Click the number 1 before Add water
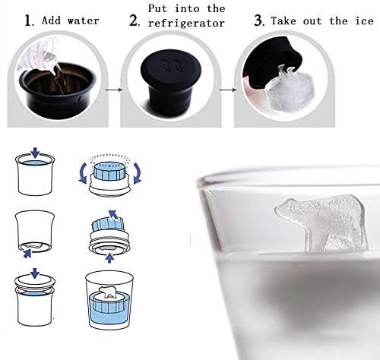(x=28, y=21)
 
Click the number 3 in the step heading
(x=258, y=21)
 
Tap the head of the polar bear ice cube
(x=289, y=207)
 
